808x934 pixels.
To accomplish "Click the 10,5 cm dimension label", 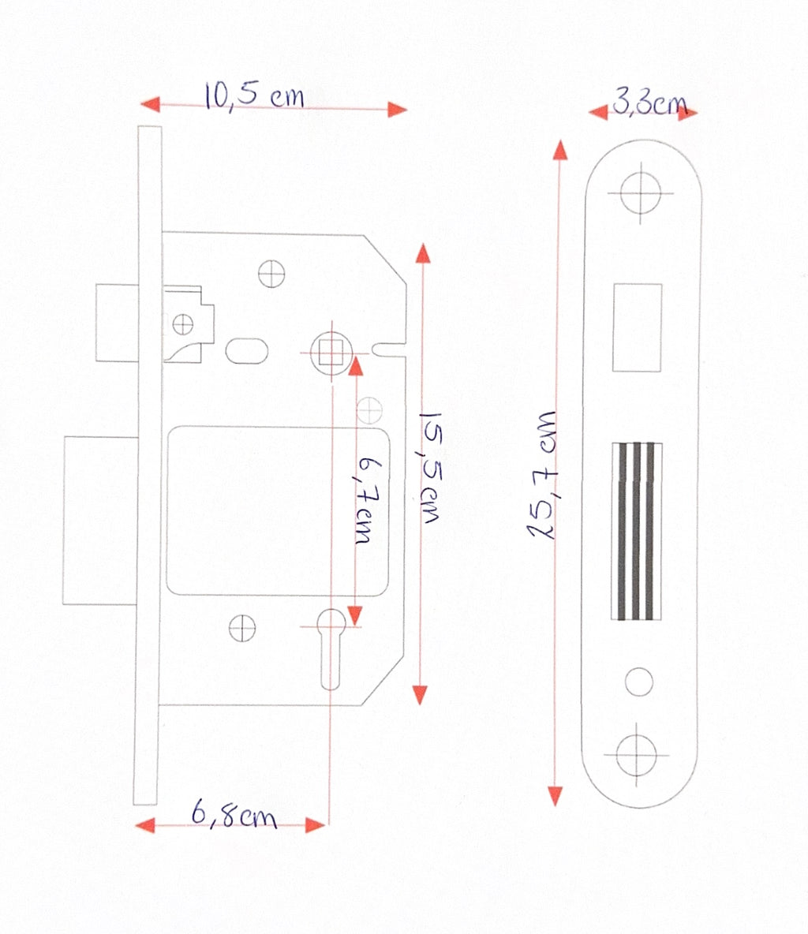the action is [254, 96].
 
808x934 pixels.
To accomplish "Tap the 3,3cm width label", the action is [649, 102].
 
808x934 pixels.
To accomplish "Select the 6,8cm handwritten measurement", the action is [234, 813].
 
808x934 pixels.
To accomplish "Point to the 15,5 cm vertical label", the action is [430, 468].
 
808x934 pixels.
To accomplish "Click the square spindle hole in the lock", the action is [331, 353].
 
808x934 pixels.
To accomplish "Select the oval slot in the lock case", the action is [247, 350].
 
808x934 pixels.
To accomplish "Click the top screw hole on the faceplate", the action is [641, 193].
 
